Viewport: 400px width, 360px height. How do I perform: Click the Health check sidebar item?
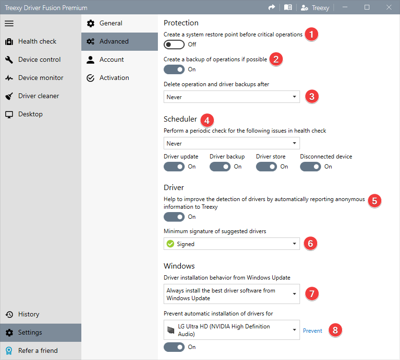(x=37, y=42)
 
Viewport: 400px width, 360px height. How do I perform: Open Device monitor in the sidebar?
(x=41, y=78)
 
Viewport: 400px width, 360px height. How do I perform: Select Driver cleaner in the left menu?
(x=38, y=96)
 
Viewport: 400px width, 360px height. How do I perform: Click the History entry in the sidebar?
(x=28, y=315)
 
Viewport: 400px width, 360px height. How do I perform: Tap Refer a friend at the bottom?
(x=37, y=351)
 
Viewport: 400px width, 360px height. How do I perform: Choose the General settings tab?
(x=111, y=23)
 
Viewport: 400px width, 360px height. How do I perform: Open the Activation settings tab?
(x=114, y=78)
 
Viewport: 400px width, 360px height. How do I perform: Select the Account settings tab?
(x=111, y=60)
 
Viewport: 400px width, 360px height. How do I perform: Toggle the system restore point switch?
(x=174, y=45)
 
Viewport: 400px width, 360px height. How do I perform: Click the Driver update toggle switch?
(x=174, y=167)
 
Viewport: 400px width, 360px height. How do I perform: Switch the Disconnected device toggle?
(x=311, y=167)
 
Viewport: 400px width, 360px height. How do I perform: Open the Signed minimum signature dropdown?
(x=232, y=244)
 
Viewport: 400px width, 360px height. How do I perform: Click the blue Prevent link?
(x=312, y=331)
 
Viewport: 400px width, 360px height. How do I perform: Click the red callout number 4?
(x=207, y=120)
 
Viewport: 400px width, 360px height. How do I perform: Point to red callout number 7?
(x=312, y=293)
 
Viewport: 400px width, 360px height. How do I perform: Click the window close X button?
(x=389, y=8)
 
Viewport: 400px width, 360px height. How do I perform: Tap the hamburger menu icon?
(x=9, y=23)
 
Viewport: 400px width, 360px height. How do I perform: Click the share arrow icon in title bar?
(x=272, y=8)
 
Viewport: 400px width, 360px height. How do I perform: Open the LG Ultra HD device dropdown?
(x=232, y=330)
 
